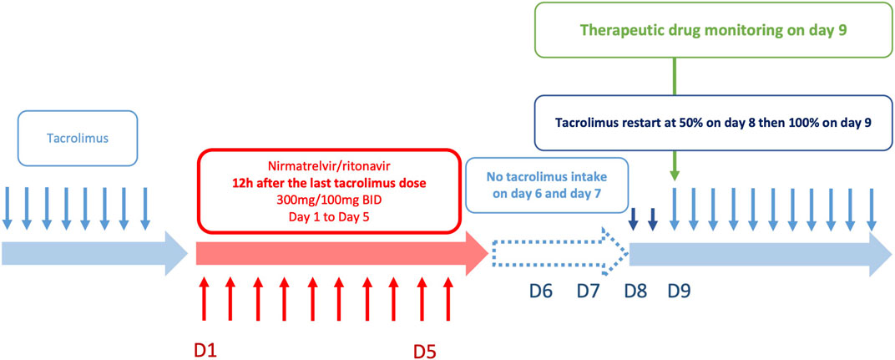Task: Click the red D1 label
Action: point(205,348)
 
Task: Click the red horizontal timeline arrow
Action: point(341,252)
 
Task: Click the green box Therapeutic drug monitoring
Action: point(713,30)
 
